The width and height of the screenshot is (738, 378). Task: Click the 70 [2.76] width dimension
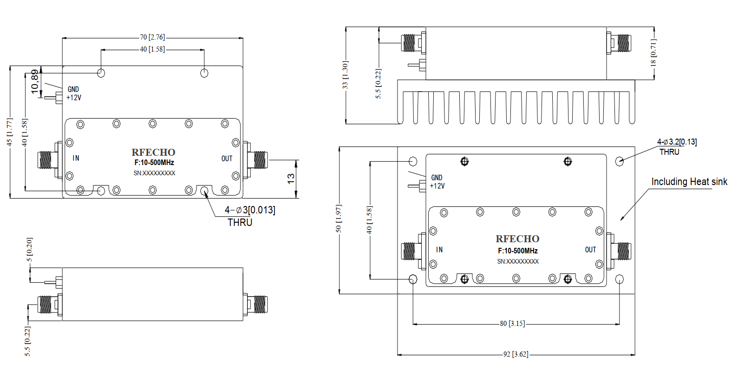coord(152,37)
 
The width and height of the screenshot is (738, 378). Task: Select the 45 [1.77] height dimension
coord(10,132)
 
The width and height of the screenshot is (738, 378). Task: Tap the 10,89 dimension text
coord(34,81)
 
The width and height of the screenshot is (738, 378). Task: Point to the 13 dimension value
coord(291,179)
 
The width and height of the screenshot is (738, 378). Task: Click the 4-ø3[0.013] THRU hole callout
coord(250,216)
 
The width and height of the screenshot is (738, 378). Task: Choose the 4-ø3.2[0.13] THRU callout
coord(677,147)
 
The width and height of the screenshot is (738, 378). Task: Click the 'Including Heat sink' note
coord(689,182)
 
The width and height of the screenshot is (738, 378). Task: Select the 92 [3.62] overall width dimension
coord(516,354)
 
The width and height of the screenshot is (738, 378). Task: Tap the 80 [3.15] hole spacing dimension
coord(512,324)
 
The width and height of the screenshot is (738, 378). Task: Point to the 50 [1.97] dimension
coord(339,219)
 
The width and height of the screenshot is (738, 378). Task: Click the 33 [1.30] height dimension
coord(345,75)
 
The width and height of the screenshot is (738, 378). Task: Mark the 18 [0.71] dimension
coord(653,53)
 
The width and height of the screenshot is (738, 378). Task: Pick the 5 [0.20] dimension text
coord(29,249)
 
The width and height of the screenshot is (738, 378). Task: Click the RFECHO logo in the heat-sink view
coord(517,239)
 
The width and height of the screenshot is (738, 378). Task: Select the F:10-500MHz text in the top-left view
coord(154,163)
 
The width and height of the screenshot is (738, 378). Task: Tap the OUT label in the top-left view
coord(227,159)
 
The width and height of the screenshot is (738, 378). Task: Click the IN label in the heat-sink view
coord(439,250)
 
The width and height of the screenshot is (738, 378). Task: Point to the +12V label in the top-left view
coord(74,98)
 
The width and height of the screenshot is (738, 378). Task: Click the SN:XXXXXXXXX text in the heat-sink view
coord(518,262)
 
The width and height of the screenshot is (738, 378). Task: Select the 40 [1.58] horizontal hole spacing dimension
coord(152,49)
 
